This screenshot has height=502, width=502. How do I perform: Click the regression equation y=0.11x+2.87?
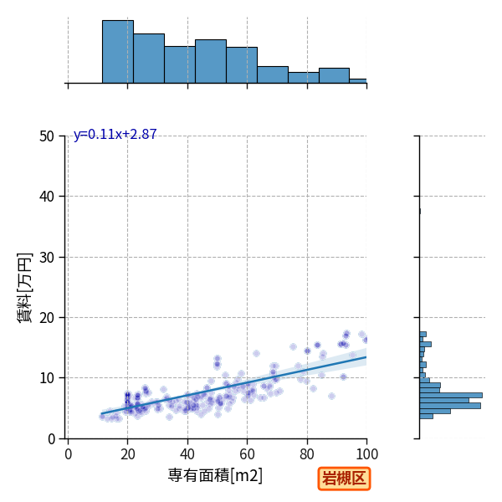[115, 134]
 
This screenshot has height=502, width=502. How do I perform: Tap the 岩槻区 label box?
[344, 479]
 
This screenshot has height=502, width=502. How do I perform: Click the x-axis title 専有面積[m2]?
[215, 475]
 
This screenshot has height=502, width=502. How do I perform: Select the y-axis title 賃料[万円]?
[24, 288]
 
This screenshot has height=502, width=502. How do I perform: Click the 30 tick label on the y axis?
[47, 258]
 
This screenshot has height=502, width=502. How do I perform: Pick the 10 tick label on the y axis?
[47, 378]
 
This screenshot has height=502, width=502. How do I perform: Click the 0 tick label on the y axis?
[51, 439]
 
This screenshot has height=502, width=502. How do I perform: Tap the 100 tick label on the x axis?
[367, 454]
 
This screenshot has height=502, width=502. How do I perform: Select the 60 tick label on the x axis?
[247, 454]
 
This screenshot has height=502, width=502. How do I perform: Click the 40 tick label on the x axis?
[187, 454]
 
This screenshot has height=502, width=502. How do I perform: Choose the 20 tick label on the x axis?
[128, 454]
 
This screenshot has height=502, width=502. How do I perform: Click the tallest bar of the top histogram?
[118, 52]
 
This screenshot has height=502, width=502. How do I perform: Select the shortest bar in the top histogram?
[358, 81]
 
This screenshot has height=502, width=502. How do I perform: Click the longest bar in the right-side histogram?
[451, 396]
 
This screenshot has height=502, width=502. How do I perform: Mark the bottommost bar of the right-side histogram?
[426, 416]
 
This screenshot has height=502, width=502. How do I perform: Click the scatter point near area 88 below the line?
[331, 397]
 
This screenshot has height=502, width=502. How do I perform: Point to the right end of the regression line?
[366, 357]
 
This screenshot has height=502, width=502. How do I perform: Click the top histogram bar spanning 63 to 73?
[273, 75]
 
